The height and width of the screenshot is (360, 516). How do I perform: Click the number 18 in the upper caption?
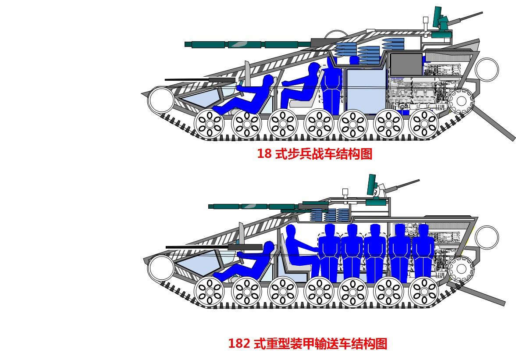click(x=264, y=154)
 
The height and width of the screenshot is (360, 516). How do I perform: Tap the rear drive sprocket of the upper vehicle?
click(x=461, y=101)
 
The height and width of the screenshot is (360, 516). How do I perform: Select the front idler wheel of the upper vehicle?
click(x=161, y=100)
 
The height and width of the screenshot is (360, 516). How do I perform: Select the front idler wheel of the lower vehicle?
click(x=160, y=267)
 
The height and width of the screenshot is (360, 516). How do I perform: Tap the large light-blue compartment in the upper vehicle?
click(x=364, y=90)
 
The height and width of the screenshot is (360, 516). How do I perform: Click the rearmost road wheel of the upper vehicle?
click(x=423, y=122)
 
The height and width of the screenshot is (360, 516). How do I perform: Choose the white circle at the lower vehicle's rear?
click(x=487, y=237)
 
